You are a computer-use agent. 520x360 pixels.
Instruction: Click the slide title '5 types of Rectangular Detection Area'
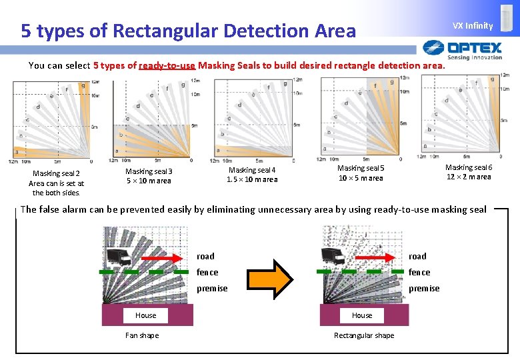pos(188,31)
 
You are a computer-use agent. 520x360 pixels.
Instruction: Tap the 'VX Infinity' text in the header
pos(473,26)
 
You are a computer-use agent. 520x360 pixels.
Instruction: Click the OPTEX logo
pos(463,49)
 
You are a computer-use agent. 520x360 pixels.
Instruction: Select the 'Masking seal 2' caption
pos(56,174)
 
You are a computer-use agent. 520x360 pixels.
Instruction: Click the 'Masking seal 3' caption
pos(149,172)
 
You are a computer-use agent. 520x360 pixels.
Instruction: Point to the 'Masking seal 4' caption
pos(252,170)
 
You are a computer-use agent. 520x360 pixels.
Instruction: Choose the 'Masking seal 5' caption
pos(361,169)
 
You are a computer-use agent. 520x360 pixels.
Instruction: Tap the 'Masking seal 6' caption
pos(469,167)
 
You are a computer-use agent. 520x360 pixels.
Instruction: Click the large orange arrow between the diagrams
pos(275,278)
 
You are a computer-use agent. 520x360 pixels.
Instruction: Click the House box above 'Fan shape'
pos(146,315)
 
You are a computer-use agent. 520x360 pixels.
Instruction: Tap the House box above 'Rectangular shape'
pos(362,315)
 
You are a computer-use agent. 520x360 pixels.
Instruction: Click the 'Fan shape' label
pos(142,335)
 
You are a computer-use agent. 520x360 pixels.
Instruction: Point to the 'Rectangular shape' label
pos(364,335)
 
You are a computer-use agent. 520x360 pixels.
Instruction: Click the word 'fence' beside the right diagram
pos(419,272)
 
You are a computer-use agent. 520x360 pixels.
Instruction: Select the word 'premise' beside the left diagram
pos(212,288)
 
